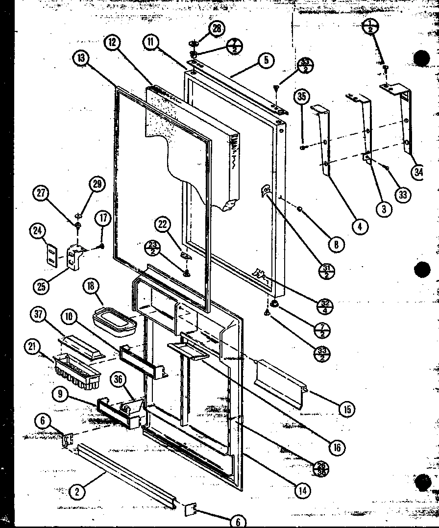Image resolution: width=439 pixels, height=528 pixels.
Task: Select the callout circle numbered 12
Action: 112,43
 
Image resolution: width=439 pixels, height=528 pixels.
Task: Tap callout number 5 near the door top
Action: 265,61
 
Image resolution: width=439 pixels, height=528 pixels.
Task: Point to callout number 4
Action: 360,226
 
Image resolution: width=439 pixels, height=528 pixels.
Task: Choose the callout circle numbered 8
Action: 336,245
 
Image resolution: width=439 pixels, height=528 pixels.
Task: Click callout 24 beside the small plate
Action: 36,231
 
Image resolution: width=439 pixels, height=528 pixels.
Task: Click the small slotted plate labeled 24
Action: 50,255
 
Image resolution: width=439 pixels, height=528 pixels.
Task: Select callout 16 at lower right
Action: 337,447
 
